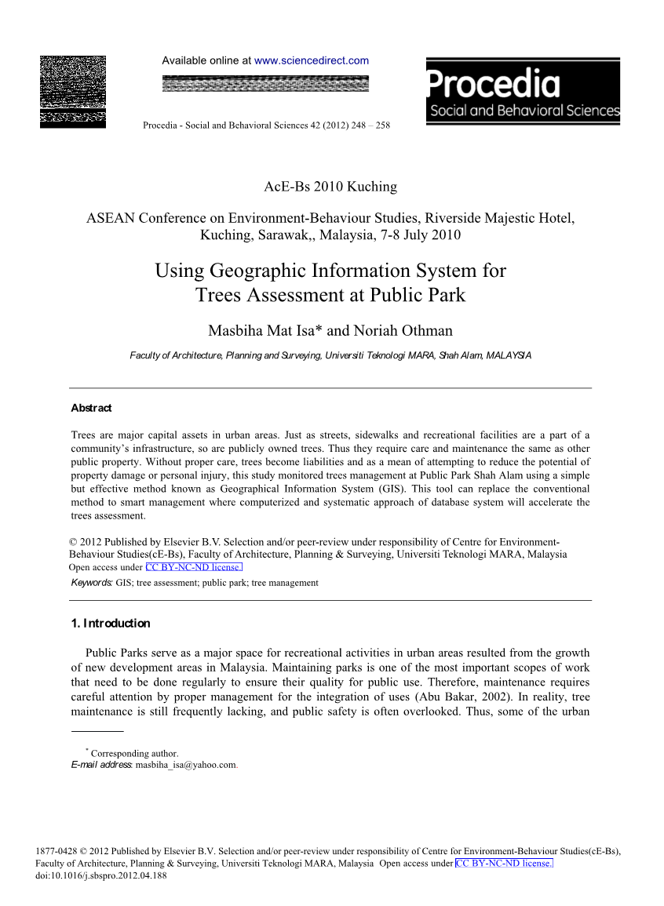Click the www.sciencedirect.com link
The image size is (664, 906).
coord(312,60)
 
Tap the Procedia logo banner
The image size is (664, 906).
coord(523,91)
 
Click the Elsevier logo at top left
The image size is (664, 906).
coord(72,92)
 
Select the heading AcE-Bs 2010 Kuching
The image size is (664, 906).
coord(330,187)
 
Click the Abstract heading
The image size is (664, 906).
coord(91,408)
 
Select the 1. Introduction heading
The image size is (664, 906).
coord(110,624)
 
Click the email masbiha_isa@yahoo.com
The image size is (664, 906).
coord(185,765)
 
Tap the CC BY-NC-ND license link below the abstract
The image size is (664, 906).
coord(194,567)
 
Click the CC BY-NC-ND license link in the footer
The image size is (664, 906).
coord(504,864)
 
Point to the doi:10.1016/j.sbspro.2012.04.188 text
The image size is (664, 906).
coord(102,876)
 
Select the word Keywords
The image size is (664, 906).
coord(91,583)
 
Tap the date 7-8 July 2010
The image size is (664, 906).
coord(416,235)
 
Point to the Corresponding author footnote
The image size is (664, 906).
coord(134,754)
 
